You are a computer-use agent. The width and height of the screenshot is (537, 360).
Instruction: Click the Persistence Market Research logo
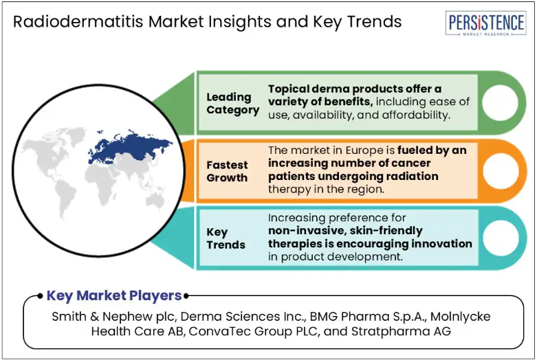pyautogui.click(x=485, y=23)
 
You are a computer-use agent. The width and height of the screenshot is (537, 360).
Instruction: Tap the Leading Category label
pyautogui.click(x=232, y=103)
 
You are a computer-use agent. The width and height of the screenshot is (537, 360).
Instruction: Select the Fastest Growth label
pyautogui.click(x=227, y=172)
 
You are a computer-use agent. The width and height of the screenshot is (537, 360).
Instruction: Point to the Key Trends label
pyautogui.click(x=226, y=238)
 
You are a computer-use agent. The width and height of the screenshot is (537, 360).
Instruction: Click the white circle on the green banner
pyautogui.click(x=500, y=102)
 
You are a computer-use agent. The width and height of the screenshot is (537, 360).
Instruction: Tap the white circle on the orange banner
pyautogui.click(x=501, y=171)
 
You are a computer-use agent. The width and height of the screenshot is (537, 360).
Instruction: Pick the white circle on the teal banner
pyautogui.click(x=501, y=238)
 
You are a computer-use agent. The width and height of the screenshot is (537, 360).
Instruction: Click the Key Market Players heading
pyautogui.click(x=114, y=295)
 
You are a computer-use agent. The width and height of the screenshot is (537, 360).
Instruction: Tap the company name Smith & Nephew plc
pyautogui.click(x=113, y=317)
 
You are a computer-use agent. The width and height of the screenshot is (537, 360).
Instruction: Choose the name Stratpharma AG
pyautogui.click(x=401, y=331)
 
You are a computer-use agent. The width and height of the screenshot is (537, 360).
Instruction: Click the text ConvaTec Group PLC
pyautogui.click(x=254, y=331)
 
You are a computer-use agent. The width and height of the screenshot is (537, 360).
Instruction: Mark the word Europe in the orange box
pyautogui.click(x=364, y=150)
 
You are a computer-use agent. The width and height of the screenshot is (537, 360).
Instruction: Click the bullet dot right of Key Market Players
pyautogui.click(x=186, y=295)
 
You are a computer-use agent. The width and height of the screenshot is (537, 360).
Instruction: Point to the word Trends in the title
pyautogui.click(x=374, y=21)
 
